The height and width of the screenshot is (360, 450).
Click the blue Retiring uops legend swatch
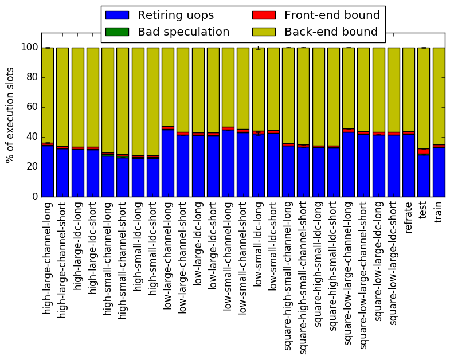(x=117, y=15)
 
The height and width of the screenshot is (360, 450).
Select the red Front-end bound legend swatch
(x=264, y=15)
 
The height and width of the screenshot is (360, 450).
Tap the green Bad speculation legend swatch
(x=117, y=32)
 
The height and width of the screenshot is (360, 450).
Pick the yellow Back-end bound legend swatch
(x=264, y=32)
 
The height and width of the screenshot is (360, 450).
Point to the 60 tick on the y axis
(x=42, y=107)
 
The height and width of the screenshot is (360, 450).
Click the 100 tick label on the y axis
(x=30, y=48)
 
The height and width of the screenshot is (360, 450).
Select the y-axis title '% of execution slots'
(x=10, y=115)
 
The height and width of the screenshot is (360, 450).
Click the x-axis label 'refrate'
(x=408, y=217)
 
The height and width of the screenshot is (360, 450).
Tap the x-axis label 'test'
(x=423, y=210)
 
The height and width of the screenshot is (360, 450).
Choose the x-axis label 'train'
(x=438, y=212)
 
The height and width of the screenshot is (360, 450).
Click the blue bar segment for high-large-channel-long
(x=48, y=171)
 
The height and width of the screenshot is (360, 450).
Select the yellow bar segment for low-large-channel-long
(x=168, y=87)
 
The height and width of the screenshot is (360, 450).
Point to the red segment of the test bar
(x=424, y=151)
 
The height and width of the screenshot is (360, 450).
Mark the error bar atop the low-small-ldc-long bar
(x=259, y=48)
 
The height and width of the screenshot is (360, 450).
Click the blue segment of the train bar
(x=439, y=172)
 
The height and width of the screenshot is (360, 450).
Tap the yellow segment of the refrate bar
(x=409, y=89)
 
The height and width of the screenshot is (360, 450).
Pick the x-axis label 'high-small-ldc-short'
(x=152, y=248)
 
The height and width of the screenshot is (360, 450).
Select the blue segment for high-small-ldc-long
(x=138, y=178)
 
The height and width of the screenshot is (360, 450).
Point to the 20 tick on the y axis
(x=42, y=167)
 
